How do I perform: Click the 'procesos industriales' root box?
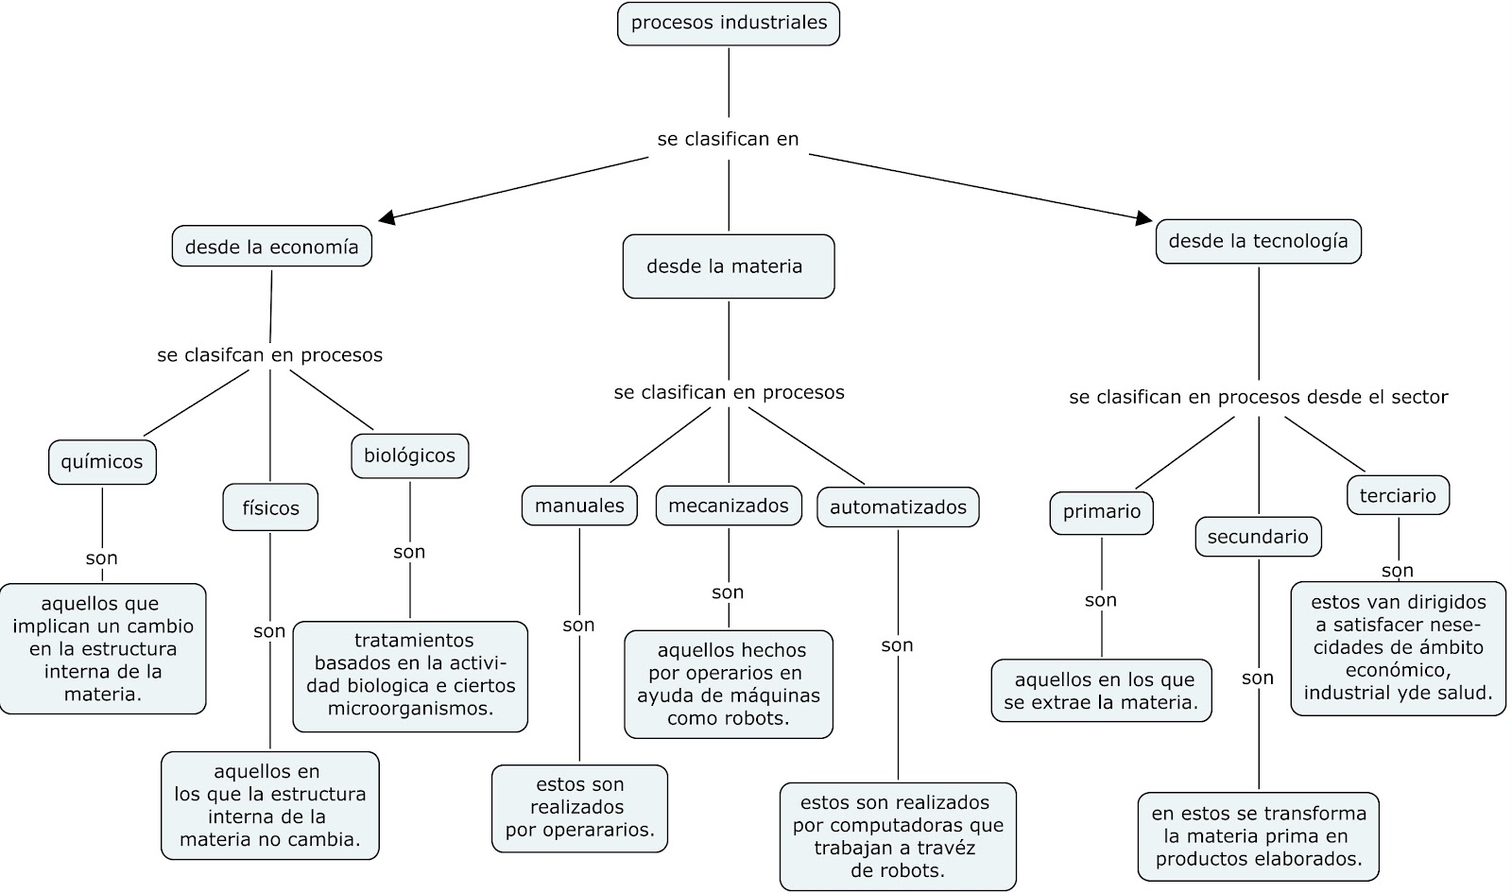[729, 24]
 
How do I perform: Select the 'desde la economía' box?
[271, 247]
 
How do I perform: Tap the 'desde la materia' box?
[729, 266]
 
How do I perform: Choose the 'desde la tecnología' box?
[1258, 241]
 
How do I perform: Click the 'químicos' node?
[102, 462]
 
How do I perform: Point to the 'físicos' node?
[270, 507]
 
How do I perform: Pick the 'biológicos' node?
[410, 455]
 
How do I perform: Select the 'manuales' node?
[579, 506]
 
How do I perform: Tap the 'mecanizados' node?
[729, 506]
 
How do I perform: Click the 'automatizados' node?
[898, 507]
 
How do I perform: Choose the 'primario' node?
[1102, 512]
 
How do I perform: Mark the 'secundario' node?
[1258, 537]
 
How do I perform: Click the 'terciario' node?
[1398, 495]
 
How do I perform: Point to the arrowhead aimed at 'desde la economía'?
[387, 216]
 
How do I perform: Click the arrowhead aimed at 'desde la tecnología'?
[1144, 218]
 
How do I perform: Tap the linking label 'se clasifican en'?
[728, 139]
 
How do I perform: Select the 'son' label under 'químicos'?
[101, 558]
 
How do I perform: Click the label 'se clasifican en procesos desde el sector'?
[1258, 398]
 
